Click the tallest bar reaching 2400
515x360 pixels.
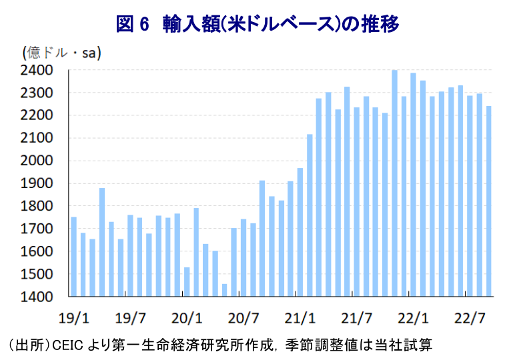click(x=394, y=183)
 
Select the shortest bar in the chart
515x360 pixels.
click(x=225, y=290)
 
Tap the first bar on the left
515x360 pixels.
click(x=73, y=257)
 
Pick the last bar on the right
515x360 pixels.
click(x=489, y=201)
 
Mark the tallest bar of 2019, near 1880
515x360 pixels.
click(x=102, y=242)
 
